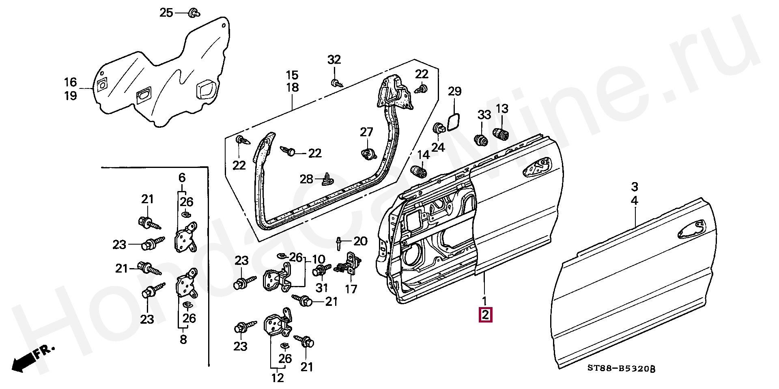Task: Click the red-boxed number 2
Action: tap(486, 315)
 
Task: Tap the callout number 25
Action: tap(166, 13)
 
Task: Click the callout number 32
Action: tap(334, 60)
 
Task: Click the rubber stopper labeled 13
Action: tap(501, 133)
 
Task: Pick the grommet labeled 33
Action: tap(481, 140)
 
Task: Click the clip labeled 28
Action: tap(327, 178)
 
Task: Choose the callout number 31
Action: tap(322, 288)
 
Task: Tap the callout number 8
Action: tap(183, 339)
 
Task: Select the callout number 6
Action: tap(182, 177)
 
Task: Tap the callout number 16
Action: tap(71, 82)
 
